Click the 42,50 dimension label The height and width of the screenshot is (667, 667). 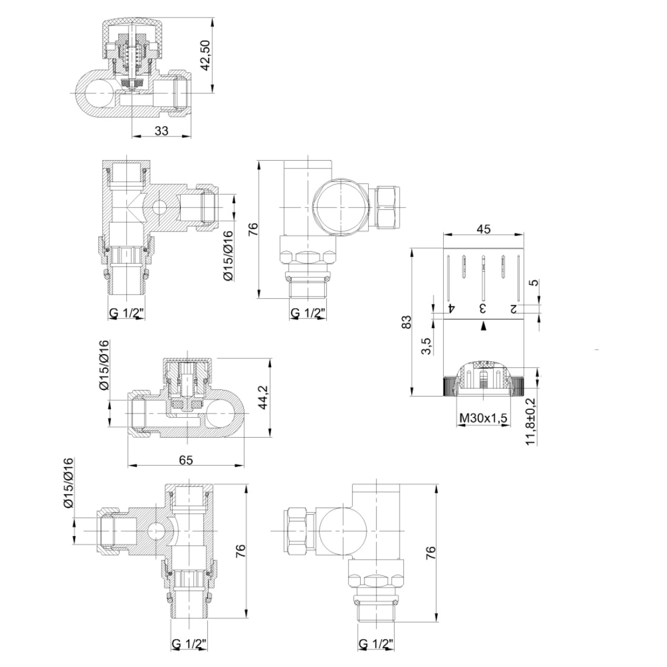click(206, 55)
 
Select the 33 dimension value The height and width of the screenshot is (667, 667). click(161, 130)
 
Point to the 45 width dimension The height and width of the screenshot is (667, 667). click(484, 229)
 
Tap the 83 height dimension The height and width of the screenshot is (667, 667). click(407, 322)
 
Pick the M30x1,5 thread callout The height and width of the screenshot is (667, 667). click(484, 419)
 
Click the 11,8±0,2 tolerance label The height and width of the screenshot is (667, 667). click(531, 421)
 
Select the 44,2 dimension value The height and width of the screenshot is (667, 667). click(264, 397)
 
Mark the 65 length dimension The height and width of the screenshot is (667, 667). click(186, 460)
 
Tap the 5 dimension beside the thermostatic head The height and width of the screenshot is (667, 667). click(535, 283)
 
